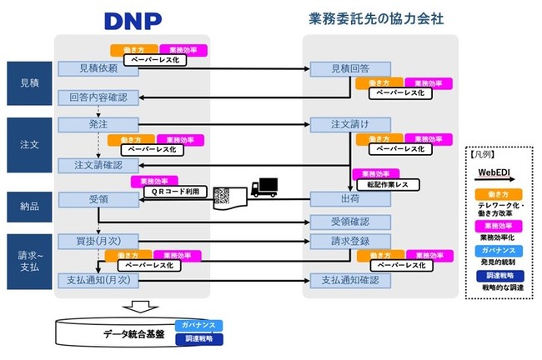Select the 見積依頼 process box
point(97,69)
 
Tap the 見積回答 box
point(349,69)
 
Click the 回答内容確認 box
point(97,97)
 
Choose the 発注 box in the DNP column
point(97,125)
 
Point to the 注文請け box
point(349,125)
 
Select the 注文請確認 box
point(97,164)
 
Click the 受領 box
point(97,200)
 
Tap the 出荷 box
point(349,200)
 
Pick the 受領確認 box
point(349,222)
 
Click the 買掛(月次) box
point(97,242)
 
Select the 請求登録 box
point(349,242)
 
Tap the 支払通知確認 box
point(349,280)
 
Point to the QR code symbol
point(222,197)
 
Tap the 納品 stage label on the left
point(28,203)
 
